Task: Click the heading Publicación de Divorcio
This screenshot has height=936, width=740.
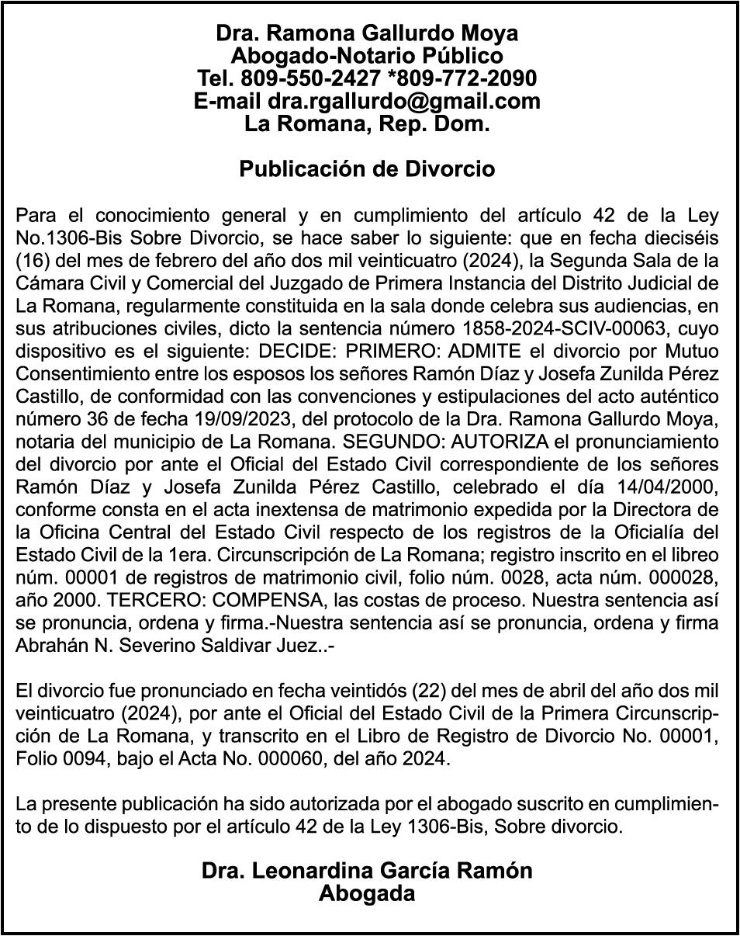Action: tap(367, 168)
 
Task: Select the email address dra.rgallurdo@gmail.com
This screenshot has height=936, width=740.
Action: tap(403, 101)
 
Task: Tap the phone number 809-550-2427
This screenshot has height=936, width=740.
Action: tap(309, 78)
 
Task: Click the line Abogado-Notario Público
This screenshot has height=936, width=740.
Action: tap(367, 56)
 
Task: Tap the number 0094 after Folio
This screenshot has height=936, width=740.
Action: tap(78, 757)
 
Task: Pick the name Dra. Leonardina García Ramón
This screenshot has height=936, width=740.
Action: tap(367, 870)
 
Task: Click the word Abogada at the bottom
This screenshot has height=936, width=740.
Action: tap(367, 893)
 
